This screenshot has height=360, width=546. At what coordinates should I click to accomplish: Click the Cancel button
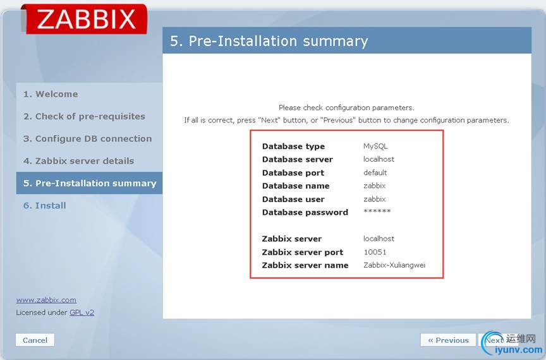[35, 340]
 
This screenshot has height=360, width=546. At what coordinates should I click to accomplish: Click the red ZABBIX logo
[85, 19]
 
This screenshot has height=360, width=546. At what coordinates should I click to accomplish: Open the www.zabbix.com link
[46, 300]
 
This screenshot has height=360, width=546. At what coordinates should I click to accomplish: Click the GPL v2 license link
[82, 312]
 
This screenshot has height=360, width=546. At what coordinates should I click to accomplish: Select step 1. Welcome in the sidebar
[51, 94]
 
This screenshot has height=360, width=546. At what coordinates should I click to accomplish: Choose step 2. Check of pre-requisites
[84, 116]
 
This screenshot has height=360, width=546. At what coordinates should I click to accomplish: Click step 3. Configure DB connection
[87, 138]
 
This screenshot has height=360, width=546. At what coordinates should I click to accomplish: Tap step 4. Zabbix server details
[79, 161]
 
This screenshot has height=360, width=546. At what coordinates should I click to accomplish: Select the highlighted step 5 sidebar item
[90, 183]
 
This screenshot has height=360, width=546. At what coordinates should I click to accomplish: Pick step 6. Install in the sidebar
[45, 205]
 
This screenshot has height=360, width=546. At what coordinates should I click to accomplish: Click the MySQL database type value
[375, 147]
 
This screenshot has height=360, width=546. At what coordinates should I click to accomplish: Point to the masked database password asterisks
[377, 211]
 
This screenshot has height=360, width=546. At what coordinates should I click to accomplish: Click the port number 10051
[375, 252]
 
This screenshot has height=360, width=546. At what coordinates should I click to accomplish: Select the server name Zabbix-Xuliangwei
[394, 265]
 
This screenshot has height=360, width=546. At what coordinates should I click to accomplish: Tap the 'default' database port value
[375, 172]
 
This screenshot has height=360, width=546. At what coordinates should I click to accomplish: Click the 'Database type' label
[294, 147]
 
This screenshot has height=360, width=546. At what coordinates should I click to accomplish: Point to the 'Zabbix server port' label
[303, 252]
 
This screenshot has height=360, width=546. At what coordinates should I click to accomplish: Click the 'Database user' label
[293, 199]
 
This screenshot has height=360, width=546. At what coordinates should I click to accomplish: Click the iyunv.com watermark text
[518, 350]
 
